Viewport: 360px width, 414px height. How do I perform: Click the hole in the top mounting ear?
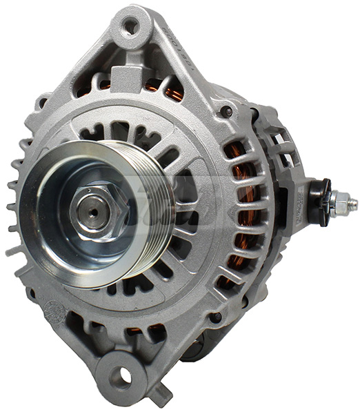point(130,27)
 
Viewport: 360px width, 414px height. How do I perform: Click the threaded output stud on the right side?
point(349,204)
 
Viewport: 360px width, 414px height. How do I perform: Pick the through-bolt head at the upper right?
point(225,110)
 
